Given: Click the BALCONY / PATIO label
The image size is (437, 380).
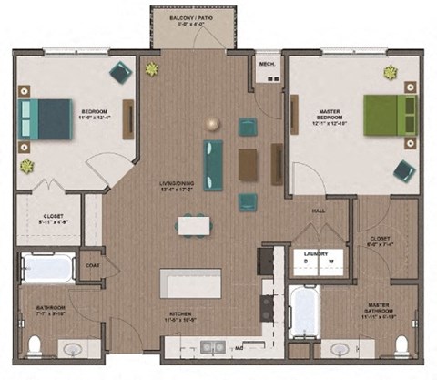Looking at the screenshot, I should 196,17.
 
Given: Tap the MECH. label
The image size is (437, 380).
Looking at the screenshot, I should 267,65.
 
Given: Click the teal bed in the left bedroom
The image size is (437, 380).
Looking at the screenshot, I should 46,118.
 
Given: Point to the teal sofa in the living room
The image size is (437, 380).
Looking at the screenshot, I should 213,165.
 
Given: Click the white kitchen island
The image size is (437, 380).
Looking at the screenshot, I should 190,282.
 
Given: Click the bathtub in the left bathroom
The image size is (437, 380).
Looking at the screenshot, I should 48,269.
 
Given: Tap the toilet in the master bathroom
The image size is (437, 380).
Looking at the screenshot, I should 401,344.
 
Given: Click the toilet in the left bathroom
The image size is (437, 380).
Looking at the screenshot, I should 35,344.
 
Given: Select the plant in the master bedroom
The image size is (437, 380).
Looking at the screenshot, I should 391,72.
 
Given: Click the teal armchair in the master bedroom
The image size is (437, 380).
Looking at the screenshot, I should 404,170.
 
